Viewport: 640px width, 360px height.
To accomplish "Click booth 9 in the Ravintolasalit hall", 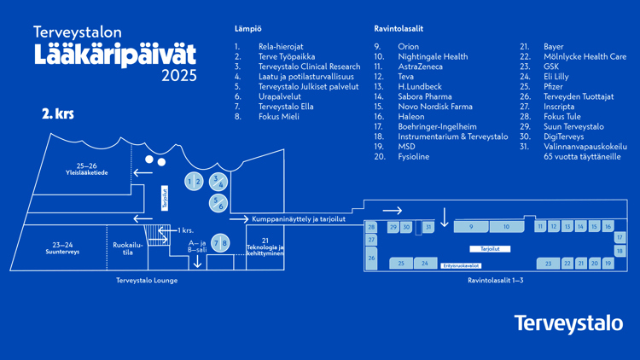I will pyautogui.click(x=470, y=227).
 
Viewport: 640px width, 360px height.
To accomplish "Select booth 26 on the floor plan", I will pyautogui.click(x=371, y=257).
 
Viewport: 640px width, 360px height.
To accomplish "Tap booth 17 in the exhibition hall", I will pyautogui.click(x=620, y=238).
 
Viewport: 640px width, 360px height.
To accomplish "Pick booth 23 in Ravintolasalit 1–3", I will pyautogui.click(x=549, y=264).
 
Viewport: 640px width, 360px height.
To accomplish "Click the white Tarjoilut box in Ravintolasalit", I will pyautogui.click(x=490, y=249).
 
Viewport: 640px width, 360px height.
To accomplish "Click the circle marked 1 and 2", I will pyautogui.click(x=194, y=182).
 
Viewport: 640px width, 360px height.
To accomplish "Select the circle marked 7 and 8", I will pyautogui.click(x=220, y=243).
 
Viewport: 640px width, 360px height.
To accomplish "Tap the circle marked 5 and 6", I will pyautogui.click(x=218, y=203).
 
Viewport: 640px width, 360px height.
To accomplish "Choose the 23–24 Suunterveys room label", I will pyautogui.click(x=62, y=248).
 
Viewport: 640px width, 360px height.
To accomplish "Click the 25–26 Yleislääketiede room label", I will pyautogui.click(x=86, y=169).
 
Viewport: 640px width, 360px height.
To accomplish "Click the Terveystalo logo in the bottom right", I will pyautogui.click(x=568, y=323).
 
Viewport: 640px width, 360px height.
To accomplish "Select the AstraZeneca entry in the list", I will pyautogui.click(x=420, y=67).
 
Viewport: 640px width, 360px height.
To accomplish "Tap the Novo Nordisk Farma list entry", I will pyautogui.click(x=434, y=107).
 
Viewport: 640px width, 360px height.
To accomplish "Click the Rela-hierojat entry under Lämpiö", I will pyautogui.click(x=281, y=47).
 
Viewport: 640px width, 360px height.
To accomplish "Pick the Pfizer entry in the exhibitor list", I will pyautogui.click(x=553, y=87).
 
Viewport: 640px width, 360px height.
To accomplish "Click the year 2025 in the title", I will pyautogui.click(x=178, y=76).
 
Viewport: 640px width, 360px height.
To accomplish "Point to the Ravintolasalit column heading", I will pyautogui.click(x=399, y=29).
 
